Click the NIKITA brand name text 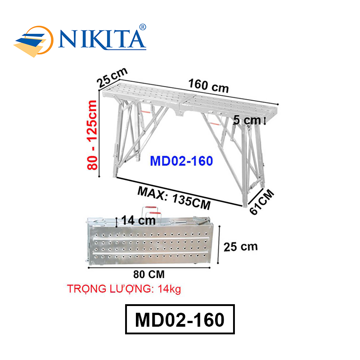(102, 40)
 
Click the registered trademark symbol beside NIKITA (143, 27)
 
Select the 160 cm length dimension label (208, 85)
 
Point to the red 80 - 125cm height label (92, 135)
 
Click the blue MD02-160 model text (181, 161)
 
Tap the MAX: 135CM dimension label (174, 198)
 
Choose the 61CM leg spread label (262, 202)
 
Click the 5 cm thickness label (247, 120)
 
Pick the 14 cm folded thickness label (139, 220)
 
